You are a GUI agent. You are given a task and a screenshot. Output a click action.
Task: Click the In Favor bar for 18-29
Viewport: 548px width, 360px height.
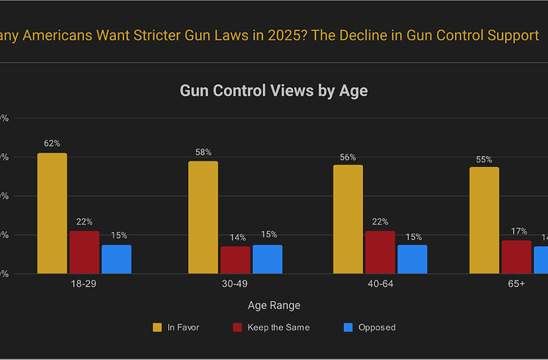click(x=52, y=213)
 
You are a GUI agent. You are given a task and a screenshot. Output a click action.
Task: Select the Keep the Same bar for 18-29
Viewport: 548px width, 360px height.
click(x=84, y=252)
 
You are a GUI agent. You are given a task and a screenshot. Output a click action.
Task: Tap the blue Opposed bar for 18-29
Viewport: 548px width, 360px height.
click(x=116, y=259)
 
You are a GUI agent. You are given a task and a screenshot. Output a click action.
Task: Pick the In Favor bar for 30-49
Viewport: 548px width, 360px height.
click(x=203, y=217)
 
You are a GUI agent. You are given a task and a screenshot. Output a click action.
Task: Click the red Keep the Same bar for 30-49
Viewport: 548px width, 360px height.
click(x=235, y=260)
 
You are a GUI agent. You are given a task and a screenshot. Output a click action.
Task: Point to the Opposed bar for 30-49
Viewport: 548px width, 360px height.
click(x=267, y=259)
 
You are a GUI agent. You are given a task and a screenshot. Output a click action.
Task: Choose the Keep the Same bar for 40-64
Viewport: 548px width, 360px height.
click(x=380, y=252)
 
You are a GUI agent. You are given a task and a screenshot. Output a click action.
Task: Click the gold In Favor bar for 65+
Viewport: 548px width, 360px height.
click(x=484, y=220)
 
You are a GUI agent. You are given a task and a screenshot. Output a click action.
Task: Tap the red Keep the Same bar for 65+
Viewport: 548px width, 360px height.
click(x=515, y=257)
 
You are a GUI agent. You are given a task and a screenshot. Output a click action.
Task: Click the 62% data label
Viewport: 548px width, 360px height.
click(x=52, y=144)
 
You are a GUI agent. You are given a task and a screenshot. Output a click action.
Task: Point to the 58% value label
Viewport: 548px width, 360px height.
click(x=203, y=152)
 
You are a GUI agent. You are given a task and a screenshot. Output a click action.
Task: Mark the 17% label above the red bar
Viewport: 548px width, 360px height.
click(x=515, y=231)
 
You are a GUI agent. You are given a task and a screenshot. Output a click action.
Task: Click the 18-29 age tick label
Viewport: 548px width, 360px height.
click(x=83, y=283)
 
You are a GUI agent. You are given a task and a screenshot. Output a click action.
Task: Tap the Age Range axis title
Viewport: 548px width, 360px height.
click(x=273, y=305)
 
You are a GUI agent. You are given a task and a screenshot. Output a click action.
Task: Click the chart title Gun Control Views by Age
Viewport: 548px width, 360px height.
click(x=273, y=91)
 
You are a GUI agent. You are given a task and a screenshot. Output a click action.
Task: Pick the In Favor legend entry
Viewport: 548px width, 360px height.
click(x=176, y=327)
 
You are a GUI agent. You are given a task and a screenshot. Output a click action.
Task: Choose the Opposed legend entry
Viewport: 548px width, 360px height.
click(x=369, y=327)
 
